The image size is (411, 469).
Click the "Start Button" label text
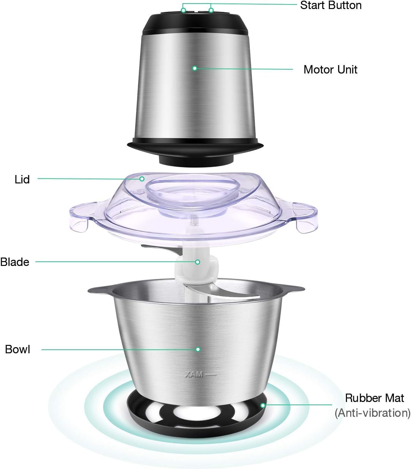point(331,5)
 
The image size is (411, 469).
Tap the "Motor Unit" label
point(330,70)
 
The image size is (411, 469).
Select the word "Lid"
point(22,180)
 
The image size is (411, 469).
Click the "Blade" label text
point(15,262)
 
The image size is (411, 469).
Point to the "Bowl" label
point(18,349)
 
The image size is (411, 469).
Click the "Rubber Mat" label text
point(374,398)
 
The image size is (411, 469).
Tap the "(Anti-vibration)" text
point(372,413)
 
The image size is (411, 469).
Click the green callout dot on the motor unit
point(194,68)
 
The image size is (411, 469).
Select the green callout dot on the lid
point(142,178)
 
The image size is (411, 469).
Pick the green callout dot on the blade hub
point(198,262)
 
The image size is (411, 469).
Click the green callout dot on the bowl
point(198,349)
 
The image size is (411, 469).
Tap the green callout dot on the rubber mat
point(263,405)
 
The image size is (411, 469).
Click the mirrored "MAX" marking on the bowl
point(194,375)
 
